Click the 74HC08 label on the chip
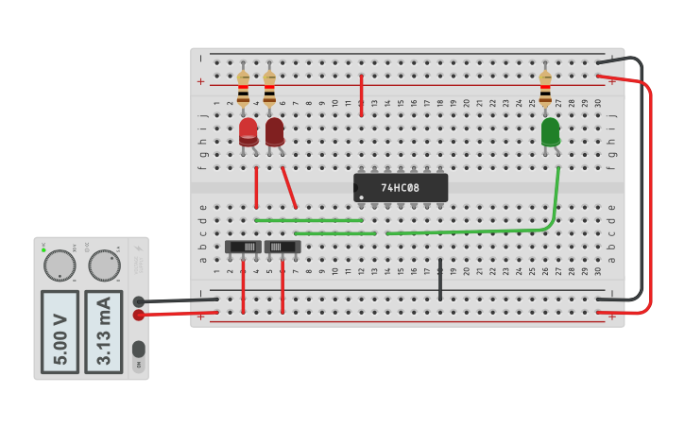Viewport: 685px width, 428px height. pos(401,187)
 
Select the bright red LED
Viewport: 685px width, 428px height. pos(248,132)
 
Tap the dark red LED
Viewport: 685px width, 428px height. pos(275,132)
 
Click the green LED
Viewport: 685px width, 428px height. pos(550,132)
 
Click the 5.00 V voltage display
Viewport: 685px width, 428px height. pos(60,332)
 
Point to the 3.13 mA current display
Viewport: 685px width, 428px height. pos(104,332)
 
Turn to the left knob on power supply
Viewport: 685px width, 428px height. pos(60,265)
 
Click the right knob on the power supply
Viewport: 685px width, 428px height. pos(104,265)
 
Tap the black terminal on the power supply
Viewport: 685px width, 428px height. pos(139,301)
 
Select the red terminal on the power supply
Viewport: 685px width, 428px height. pos(139,315)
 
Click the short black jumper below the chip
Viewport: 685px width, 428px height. pos(440,280)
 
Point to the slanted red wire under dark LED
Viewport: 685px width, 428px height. pos(290,188)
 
